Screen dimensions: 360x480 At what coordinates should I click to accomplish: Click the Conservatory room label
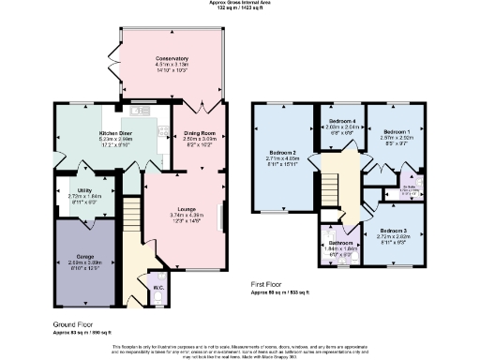pos(172,59)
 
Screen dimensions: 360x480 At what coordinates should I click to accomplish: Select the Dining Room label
pos(199,133)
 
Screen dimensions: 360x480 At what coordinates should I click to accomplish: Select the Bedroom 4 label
pos(341,122)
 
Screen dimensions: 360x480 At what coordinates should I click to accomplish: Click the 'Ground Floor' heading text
pos(72,324)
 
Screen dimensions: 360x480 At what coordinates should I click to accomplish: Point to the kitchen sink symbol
pos(143,112)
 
